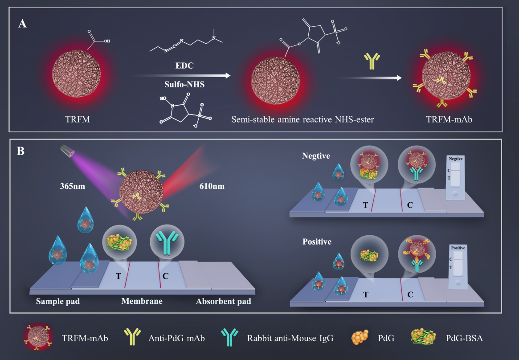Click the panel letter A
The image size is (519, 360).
tap(22, 24)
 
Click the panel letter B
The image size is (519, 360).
tap(20, 151)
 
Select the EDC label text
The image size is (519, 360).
tap(184, 65)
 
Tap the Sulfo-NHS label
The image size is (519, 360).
tap(184, 84)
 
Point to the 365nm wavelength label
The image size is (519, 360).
tap(73, 186)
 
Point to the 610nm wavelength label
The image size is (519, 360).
tap(212, 186)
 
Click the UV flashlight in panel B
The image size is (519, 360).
tap(68, 150)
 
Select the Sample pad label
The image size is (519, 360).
tap(58, 302)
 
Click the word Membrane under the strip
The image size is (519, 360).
tap(142, 301)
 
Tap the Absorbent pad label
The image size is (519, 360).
tap(224, 302)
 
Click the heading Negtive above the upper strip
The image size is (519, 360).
tap(316, 156)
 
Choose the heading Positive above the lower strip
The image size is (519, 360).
tap(317, 241)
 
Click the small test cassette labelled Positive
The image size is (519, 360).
tap(458, 267)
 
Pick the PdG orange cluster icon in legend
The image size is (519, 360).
tap(360, 338)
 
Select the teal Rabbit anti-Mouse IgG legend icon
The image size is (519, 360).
tap(230, 338)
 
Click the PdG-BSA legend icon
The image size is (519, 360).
tap(424, 338)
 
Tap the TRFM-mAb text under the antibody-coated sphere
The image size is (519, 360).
tap(449, 119)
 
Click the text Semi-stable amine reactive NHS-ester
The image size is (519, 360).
tap(302, 119)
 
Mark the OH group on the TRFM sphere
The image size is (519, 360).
tap(106, 41)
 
